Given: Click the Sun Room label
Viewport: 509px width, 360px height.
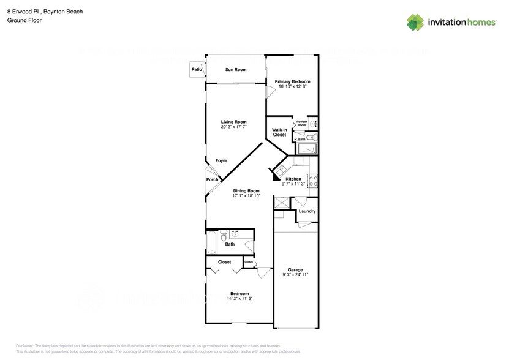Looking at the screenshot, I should pos(235,70).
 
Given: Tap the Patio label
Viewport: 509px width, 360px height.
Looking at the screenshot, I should pos(197,70).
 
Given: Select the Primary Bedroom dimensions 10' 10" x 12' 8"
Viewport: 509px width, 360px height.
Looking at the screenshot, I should pos(292,87).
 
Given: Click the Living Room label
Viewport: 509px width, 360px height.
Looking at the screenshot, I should pos(233,122).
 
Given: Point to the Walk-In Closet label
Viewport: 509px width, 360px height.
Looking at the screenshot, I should pos(279,132).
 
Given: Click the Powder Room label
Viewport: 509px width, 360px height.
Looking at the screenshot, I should pos(301,124).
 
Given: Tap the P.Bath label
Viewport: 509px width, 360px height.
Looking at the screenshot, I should pos(300,140).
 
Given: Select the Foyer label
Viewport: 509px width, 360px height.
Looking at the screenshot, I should pos(221,161).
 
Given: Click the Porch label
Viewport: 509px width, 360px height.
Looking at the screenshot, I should pos(212,179).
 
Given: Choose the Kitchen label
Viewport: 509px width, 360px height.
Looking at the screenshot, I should pos(293,179).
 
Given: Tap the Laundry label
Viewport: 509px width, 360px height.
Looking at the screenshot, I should pos(307,212).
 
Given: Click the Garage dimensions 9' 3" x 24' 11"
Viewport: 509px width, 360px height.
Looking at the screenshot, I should pos(295,276).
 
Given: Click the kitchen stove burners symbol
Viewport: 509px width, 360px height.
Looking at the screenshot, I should pos(312,181).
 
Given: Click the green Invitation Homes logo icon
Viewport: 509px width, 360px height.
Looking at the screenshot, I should pos(416,22).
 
